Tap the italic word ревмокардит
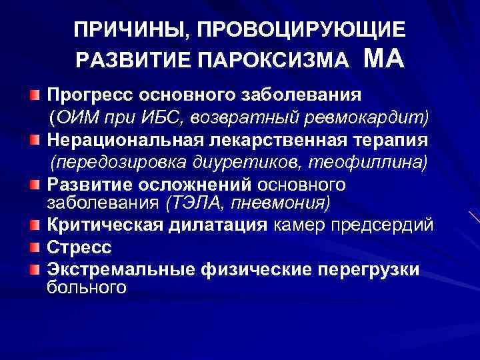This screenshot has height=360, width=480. [x=376, y=117]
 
